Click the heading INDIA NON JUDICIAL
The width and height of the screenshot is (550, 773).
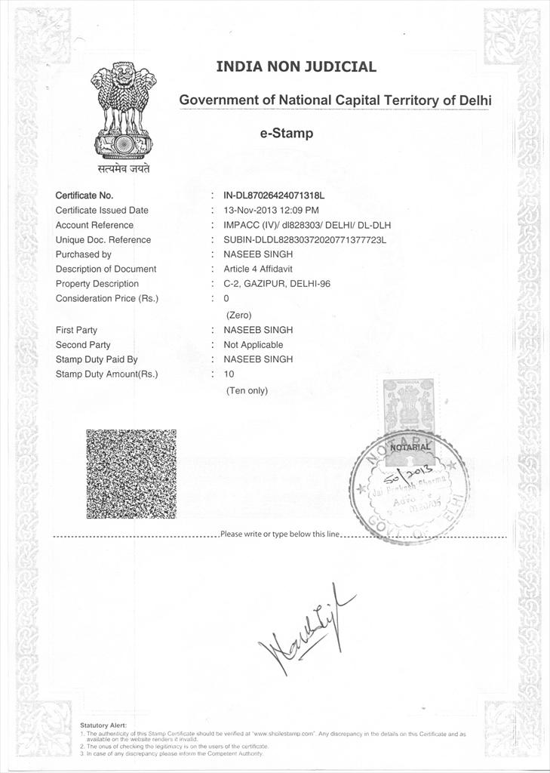click(296, 66)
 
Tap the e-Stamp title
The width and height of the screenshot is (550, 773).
click(286, 134)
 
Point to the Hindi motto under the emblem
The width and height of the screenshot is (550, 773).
click(123, 168)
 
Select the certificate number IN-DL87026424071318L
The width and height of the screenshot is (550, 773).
click(278, 196)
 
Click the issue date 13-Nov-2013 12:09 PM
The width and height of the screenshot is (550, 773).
click(271, 210)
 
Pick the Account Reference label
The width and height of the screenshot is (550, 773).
click(94, 225)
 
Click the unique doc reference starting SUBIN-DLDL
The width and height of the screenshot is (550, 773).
click(305, 240)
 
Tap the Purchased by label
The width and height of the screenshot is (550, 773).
click(83, 254)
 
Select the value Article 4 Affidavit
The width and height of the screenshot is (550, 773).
click(258, 269)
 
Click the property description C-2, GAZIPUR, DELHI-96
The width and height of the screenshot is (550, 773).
click(277, 284)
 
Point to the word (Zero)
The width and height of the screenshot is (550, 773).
click(238, 315)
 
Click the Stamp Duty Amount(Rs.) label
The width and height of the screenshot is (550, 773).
click(107, 374)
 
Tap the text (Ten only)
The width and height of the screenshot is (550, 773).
click(247, 390)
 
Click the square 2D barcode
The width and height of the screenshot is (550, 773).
click(131, 473)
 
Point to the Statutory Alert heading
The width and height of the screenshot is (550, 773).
click(103, 725)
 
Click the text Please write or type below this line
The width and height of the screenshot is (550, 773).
click(281, 534)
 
